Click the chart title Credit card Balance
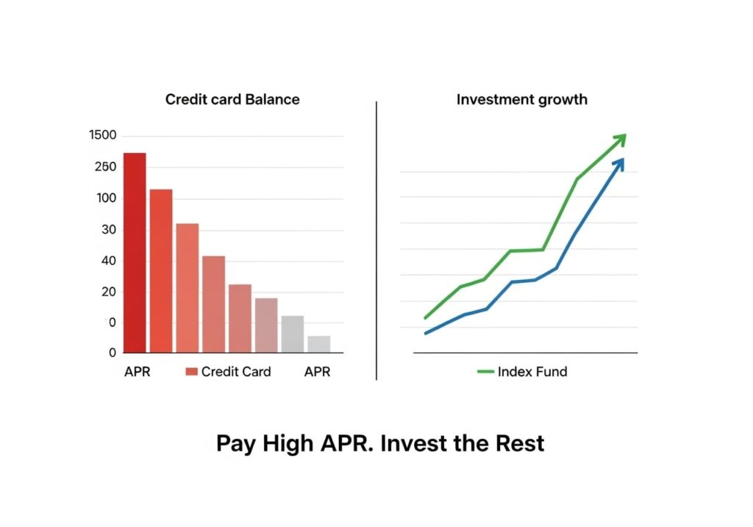coord(232,99)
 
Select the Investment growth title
coord(522,99)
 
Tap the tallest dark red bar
coord(135,253)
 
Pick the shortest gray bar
coord(319,345)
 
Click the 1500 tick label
coord(103,135)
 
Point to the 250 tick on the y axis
coord(106,167)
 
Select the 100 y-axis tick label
coord(107,198)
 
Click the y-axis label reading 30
coord(109,229)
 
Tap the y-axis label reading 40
coord(109,261)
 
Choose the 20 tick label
coord(109,292)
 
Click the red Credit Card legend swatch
coord(192,371)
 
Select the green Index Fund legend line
coord(485,371)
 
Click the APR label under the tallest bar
coord(138,371)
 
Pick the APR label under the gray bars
coord(318,371)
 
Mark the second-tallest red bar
coord(161,271)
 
